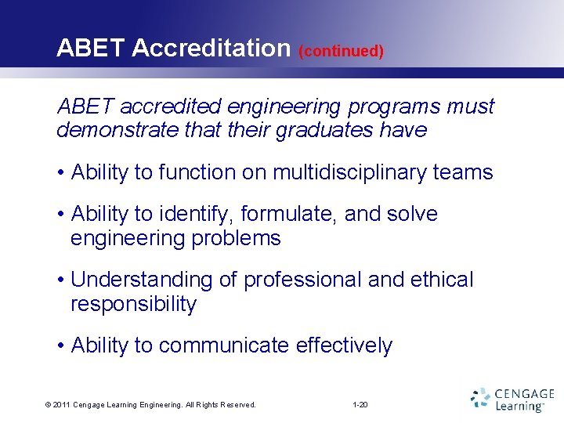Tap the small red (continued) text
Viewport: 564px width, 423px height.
pos(341,51)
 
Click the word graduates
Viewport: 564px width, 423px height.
pos(323,130)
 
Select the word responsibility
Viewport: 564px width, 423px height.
pos(133,304)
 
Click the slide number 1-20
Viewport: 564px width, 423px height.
pos(360,405)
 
